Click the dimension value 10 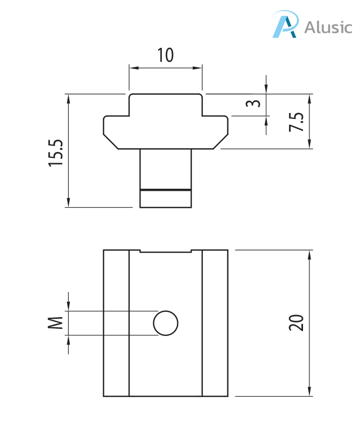click(x=165, y=55)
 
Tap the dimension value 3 click(x=255, y=103)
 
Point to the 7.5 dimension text click(x=296, y=122)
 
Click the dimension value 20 click(x=296, y=323)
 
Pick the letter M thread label click(x=56, y=323)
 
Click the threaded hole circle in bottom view click(x=166, y=323)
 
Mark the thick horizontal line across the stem click(x=165, y=190)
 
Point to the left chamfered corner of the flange click(x=111, y=142)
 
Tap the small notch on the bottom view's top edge click(x=165, y=251)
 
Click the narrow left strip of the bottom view click(x=116, y=323)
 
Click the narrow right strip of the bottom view click(x=215, y=323)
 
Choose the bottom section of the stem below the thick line click(x=165, y=199)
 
